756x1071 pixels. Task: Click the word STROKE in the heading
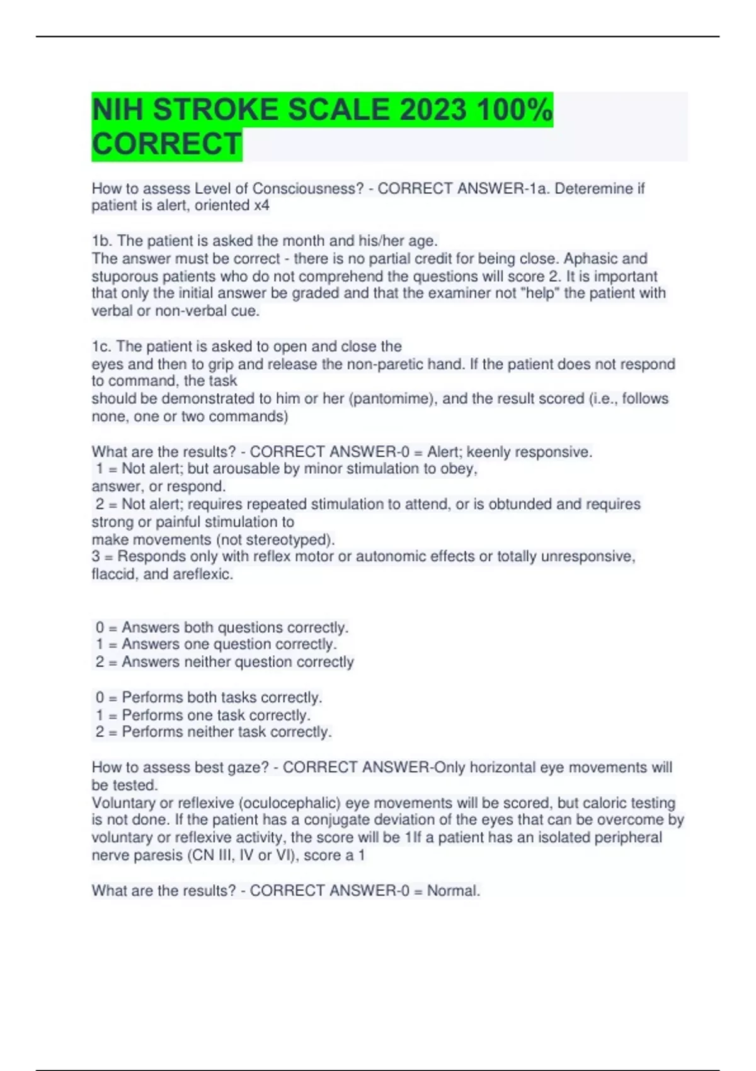click(x=215, y=110)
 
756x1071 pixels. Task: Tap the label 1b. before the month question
click(x=102, y=241)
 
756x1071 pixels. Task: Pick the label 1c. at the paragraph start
click(x=101, y=346)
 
